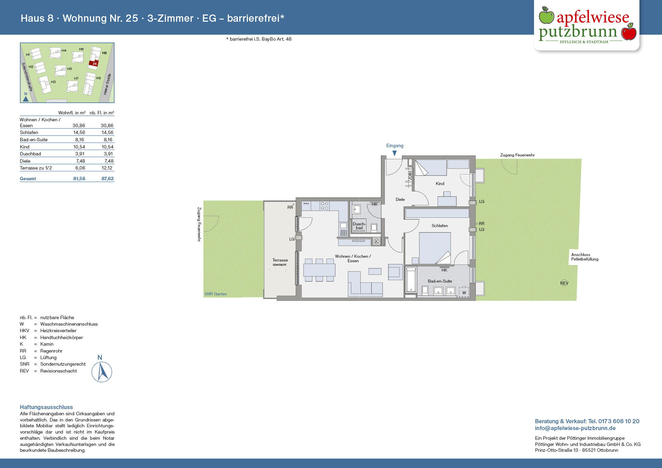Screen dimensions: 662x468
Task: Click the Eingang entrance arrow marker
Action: click(x=394, y=153)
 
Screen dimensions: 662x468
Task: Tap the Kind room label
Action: click(x=440, y=184)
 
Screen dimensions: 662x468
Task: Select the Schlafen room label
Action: click(x=440, y=226)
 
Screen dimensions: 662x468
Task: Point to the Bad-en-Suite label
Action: click(x=440, y=281)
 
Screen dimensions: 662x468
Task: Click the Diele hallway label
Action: click(x=400, y=200)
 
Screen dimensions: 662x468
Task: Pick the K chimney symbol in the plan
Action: click(x=377, y=242)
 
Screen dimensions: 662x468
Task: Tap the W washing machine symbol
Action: click(x=464, y=293)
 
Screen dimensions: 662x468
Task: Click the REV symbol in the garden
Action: click(x=564, y=283)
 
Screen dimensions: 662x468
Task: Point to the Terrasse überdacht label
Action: click(x=280, y=262)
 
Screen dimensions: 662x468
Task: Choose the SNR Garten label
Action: click(x=215, y=294)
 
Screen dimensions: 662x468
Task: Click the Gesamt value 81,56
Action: click(x=79, y=179)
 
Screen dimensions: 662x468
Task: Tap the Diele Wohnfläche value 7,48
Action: click(x=80, y=161)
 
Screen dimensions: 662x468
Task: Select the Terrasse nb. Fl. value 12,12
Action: click(x=107, y=168)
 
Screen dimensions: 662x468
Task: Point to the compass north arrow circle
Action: click(x=102, y=372)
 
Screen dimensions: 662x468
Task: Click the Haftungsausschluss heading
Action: click(x=46, y=407)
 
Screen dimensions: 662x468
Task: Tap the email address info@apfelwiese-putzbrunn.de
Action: click(x=575, y=428)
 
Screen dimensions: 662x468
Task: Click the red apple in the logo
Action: click(x=629, y=32)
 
